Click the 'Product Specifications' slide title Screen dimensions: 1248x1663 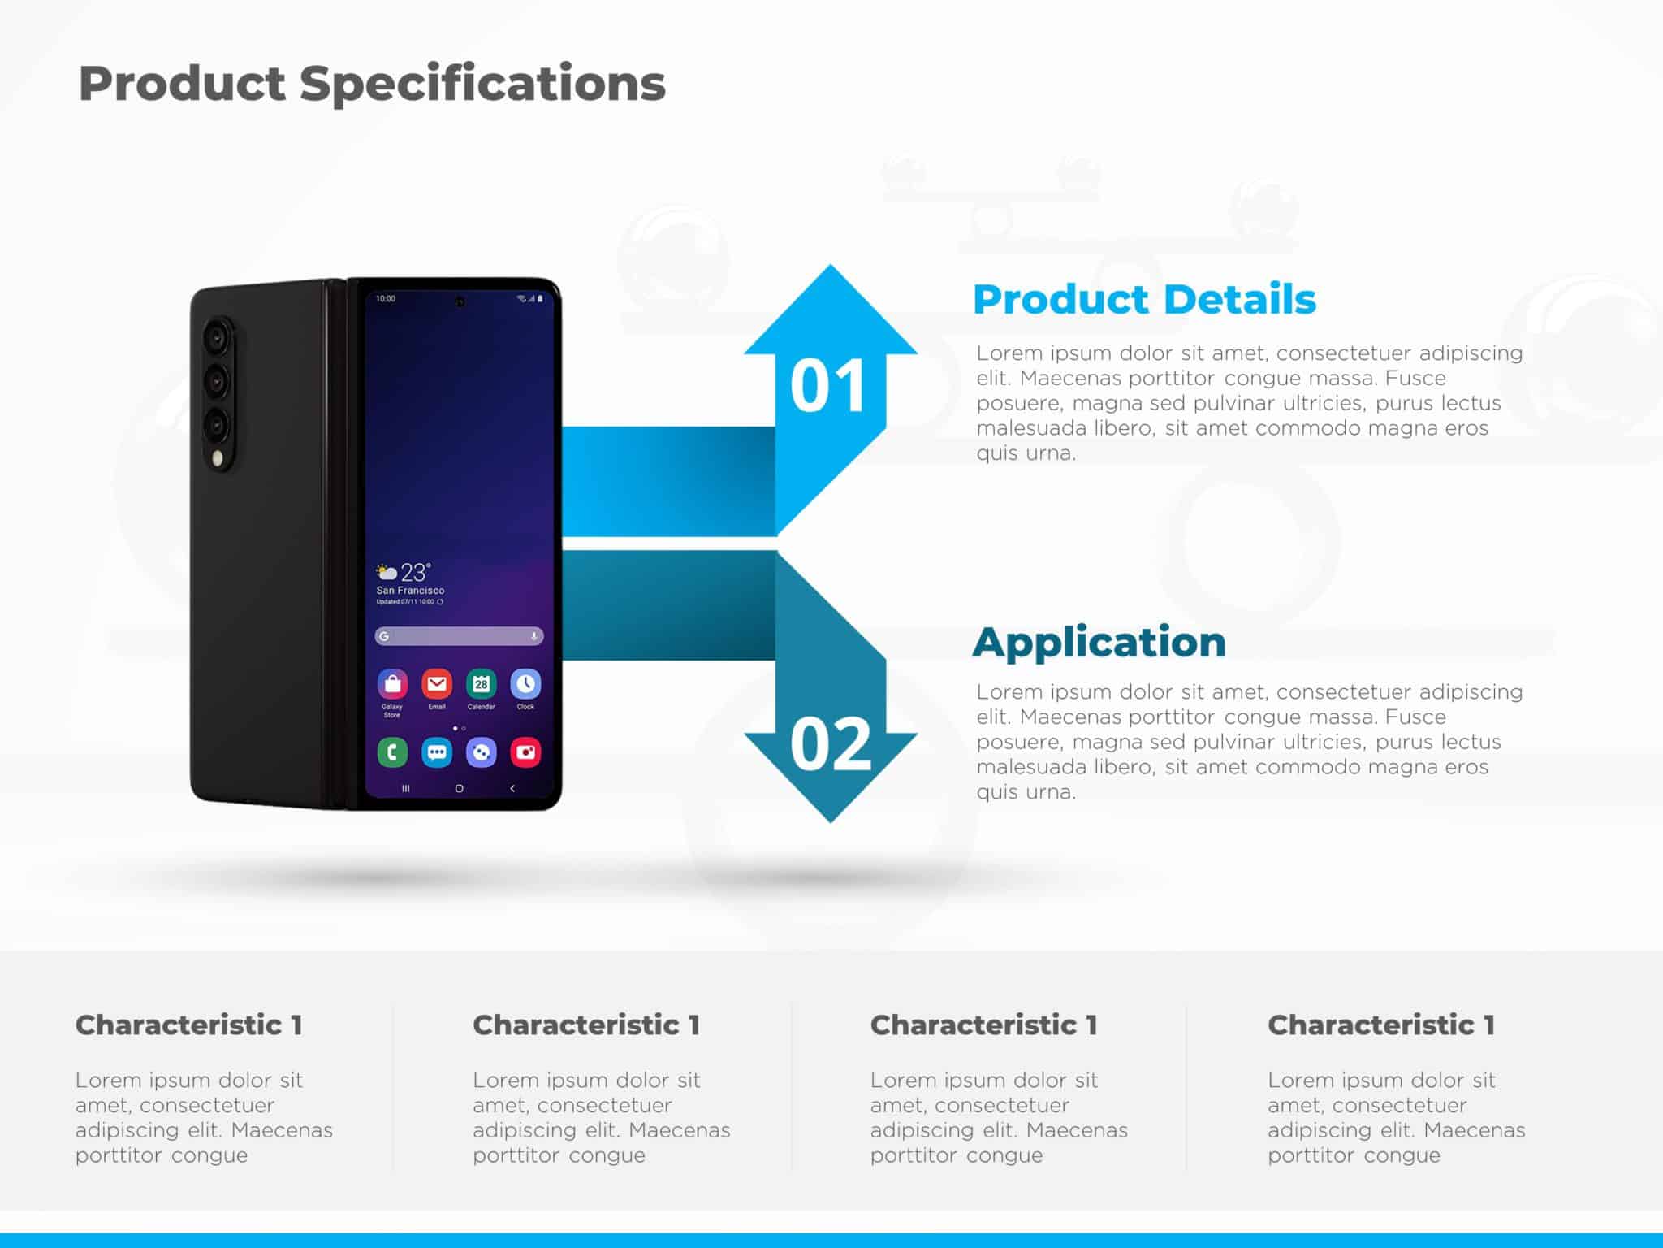[372, 84]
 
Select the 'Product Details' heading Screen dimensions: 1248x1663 [1143, 299]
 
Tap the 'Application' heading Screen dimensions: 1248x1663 [1099, 642]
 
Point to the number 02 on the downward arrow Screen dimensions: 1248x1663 [830, 744]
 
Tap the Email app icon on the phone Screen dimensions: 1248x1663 [437, 685]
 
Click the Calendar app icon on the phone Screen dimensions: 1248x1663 [481, 685]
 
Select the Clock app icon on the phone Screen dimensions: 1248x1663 [525, 685]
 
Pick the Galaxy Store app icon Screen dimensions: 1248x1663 [392, 685]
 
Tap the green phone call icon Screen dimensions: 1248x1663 [392, 752]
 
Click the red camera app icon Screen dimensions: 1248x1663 [525, 752]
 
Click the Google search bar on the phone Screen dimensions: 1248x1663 [459, 636]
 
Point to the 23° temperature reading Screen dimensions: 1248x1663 [414, 572]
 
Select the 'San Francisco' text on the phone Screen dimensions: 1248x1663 [410, 591]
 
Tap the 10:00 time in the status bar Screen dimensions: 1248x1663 [386, 299]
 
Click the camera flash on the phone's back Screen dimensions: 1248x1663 [218, 459]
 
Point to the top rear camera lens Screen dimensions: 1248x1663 [217, 336]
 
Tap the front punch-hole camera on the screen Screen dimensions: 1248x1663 [460, 302]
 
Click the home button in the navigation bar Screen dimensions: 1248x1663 [459, 788]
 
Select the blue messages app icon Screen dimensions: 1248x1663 [437, 752]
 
